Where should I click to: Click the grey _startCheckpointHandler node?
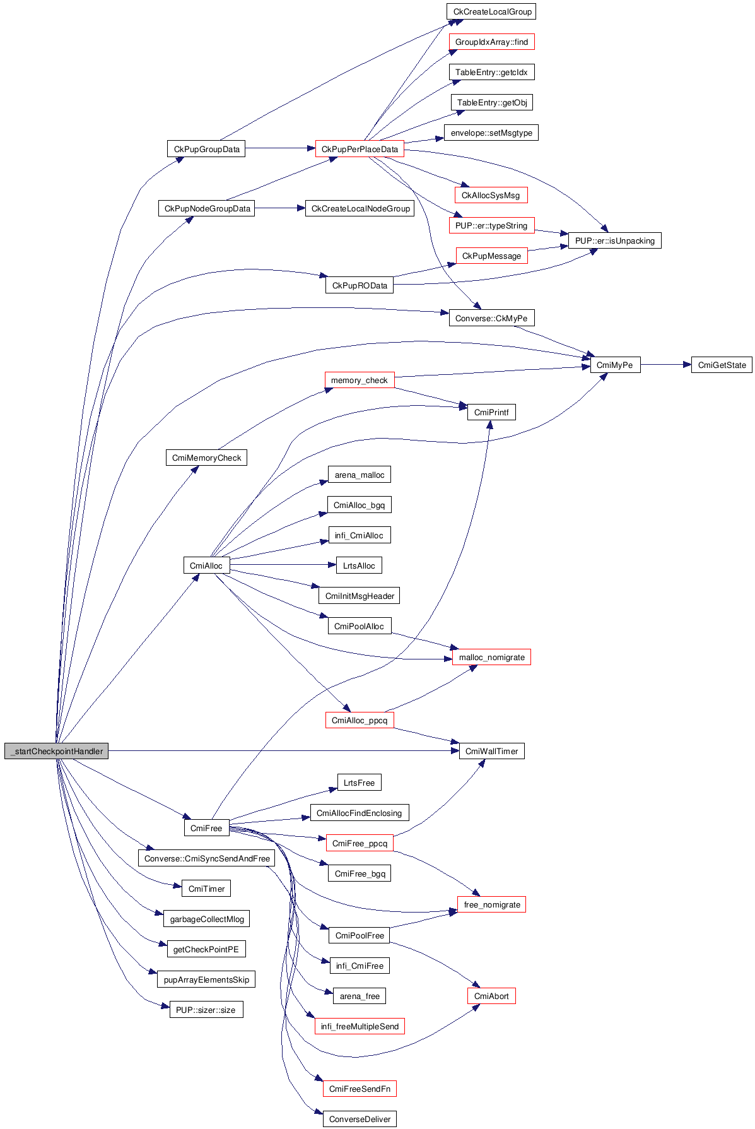(x=56, y=751)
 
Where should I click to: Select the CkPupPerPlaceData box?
(x=360, y=149)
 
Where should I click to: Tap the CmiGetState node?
(x=722, y=365)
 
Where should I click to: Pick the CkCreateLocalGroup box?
(x=492, y=11)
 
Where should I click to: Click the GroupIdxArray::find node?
(x=491, y=42)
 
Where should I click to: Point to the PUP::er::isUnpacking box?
(x=614, y=240)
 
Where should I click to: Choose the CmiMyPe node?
(x=614, y=365)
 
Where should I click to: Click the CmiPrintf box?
(x=491, y=412)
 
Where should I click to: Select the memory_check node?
(x=359, y=380)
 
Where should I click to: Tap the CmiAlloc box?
(x=206, y=565)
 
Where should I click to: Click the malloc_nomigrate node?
(x=491, y=657)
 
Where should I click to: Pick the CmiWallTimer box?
(x=491, y=751)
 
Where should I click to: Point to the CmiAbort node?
(x=491, y=996)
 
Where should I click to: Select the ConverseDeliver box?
(x=360, y=1119)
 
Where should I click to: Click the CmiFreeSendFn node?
(x=360, y=1089)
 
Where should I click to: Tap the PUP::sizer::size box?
(x=206, y=1010)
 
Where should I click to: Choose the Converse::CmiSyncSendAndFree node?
(x=206, y=858)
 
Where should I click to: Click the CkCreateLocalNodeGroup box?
(x=360, y=208)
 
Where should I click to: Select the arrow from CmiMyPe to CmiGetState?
(x=665, y=365)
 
